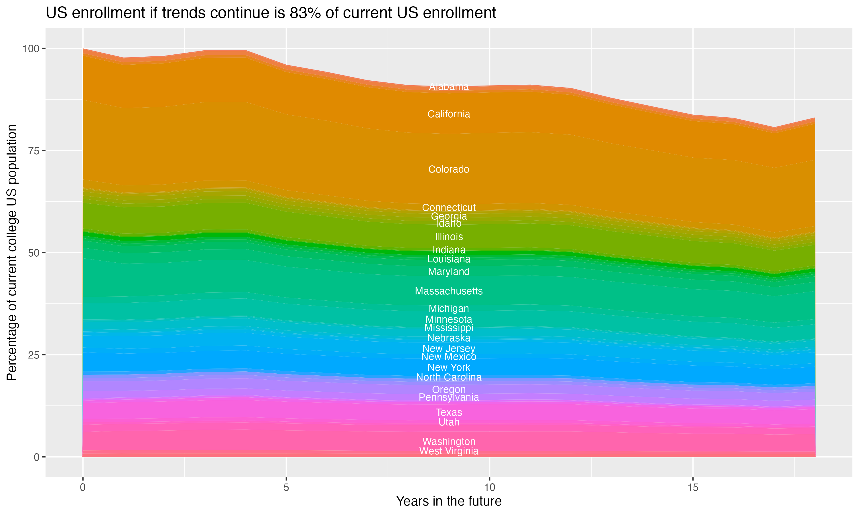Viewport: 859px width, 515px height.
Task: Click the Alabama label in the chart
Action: (449, 86)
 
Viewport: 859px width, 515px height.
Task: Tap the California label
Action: (449, 114)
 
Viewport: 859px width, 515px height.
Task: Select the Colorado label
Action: (449, 169)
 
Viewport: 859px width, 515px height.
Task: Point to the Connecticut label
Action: (449, 207)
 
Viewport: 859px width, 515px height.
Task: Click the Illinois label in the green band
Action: (449, 237)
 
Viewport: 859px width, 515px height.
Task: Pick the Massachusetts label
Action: (449, 291)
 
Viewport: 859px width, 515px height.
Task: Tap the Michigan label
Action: (449, 308)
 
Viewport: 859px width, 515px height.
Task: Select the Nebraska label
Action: (449, 338)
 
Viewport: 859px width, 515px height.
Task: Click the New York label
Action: (449, 368)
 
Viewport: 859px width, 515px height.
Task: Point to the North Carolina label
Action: (449, 377)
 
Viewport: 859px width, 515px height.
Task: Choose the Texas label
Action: (449, 412)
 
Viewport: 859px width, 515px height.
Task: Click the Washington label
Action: (449, 441)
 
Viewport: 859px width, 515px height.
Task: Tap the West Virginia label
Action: (449, 451)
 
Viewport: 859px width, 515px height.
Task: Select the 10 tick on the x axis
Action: (489, 488)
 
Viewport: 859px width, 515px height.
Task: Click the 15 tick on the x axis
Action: (693, 488)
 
